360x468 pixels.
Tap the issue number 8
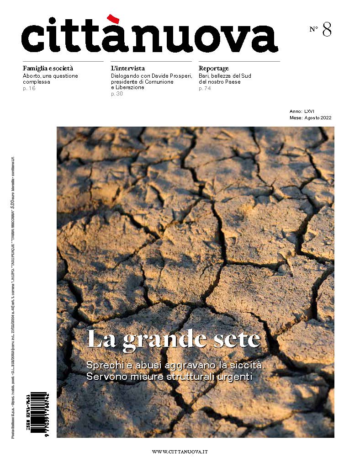click(x=327, y=29)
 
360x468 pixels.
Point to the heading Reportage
click(x=214, y=68)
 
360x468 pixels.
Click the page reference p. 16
click(x=29, y=88)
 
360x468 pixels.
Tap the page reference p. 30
click(x=117, y=94)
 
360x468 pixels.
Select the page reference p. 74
click(x=205, y=88)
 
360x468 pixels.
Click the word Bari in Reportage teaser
click(x=204, y=75)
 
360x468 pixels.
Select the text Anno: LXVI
click(x=302, y=111)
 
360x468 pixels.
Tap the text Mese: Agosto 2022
click(x=310, y=117)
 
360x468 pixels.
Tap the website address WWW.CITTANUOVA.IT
click(x=180, y=452)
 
